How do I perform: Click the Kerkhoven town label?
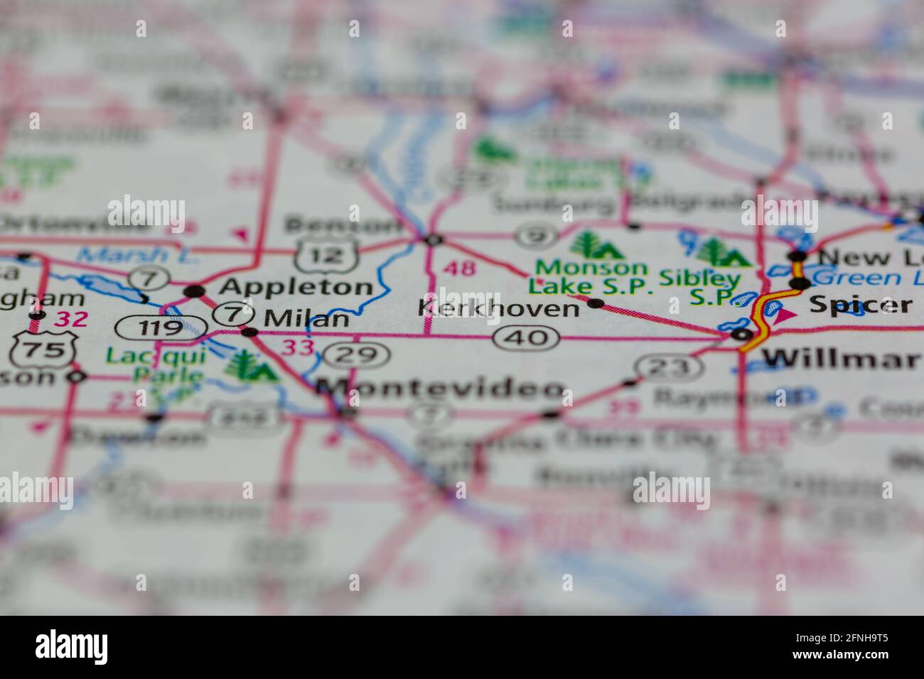click(x=499, y=308)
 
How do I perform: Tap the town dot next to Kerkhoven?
click(x=596, y=304)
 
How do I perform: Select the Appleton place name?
click(x=296, y=287)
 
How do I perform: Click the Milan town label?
click(x=306, y=319)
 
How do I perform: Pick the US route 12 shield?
click(x=326, y=254)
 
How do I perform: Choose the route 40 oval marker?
click(x=527, y=337)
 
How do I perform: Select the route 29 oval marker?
click(x=361, y=354)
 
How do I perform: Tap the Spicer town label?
click(x=860, y=305)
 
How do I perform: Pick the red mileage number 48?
click(x=459, y=268)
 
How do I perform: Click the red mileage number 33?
click(x=298, y=348)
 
